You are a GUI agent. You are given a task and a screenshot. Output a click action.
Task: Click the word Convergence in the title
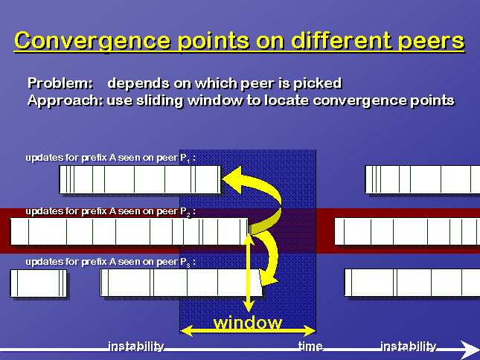(92, 41)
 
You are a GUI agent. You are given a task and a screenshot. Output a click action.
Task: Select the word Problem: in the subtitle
(60, 83)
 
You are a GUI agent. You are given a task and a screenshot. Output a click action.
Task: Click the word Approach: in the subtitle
(65, 100)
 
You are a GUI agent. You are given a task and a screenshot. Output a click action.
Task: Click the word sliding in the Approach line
(159, 100)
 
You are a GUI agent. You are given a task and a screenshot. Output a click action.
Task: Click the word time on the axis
(310, 346)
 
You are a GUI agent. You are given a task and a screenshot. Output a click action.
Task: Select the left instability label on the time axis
(136, 346)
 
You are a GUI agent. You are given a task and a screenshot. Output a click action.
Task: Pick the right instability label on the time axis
(408, 346)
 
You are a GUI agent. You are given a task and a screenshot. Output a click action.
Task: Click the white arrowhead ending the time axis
(470, 350)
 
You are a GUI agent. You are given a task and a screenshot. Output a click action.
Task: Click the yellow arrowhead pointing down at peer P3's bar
(268, 277)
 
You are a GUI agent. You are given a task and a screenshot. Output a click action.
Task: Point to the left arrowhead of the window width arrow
(187, 331)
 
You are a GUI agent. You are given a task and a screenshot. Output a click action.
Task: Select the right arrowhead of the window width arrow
(310, 331)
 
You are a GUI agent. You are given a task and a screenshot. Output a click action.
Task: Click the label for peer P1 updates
(110, 158)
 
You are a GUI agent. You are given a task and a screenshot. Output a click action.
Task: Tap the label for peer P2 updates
(110, 212)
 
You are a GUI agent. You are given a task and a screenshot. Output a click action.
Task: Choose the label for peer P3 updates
(110, 262)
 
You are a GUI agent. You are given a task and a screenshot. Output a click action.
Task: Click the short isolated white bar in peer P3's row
(38, 283)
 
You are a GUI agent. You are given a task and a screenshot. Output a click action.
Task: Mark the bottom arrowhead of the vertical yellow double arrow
(249, 306)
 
